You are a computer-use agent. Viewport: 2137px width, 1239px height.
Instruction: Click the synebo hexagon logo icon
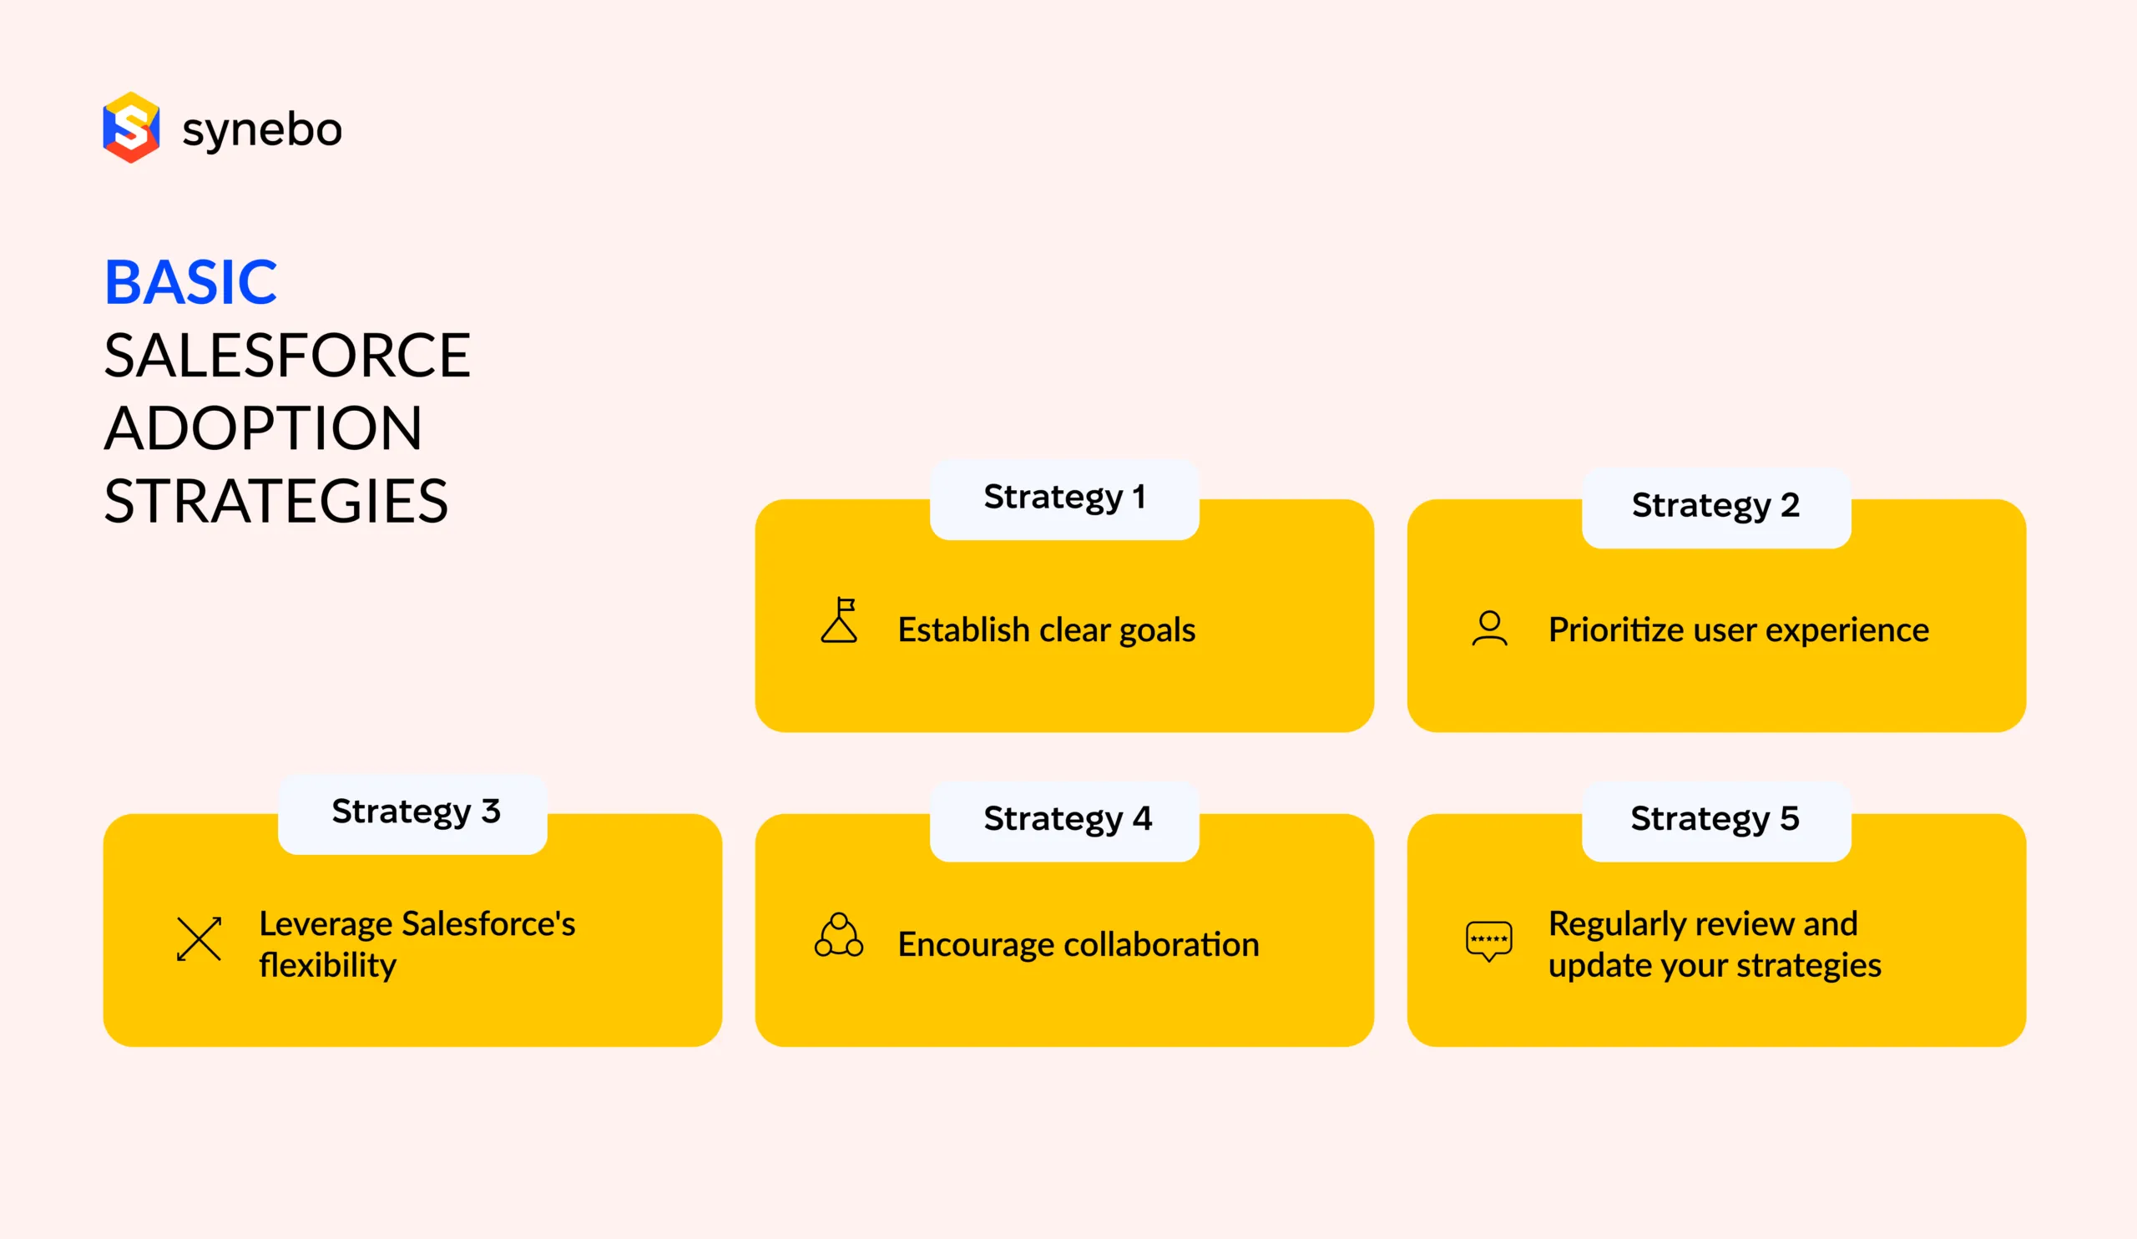pyautogui.click(x=130, y=127)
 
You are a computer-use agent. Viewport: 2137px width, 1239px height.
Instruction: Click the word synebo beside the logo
pyautogui.click(x=262, y=129)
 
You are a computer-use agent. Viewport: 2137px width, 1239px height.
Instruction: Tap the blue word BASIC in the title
pyautogui.click(x=191, y=282)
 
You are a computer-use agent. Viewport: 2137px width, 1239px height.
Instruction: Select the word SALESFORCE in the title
pyautogui.click(x=286, y=356)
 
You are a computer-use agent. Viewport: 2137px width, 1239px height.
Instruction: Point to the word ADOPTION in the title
pyautogui.click(x=263, y=428)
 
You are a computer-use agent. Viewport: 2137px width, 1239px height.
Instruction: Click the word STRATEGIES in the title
pyautogui.click(x=275, y=501)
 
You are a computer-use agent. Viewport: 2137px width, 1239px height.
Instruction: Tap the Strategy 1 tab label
pyautogui.click(x=1064, y=497)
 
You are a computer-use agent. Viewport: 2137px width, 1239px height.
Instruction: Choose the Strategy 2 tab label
pyautogui.click(x=1715, y=505)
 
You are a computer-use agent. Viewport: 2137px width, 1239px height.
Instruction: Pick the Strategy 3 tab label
pyautogui.click(x=416, y=812)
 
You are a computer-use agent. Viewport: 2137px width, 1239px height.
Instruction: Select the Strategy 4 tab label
pyautogui.click(x=1068, y=819)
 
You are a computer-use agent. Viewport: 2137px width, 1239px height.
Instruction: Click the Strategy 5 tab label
pyautogui.click(x=1715, y=819)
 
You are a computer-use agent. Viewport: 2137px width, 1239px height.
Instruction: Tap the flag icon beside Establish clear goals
pyautogui.click(x=840, y=621)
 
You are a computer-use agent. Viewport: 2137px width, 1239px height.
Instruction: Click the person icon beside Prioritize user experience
pyautogui.click(x=1489, y=629)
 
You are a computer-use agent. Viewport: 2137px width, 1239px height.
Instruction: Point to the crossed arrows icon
pyautogui.click(x=200, y=938)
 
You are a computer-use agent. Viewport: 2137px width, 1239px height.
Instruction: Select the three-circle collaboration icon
pyautogui.click(x=839, y=935)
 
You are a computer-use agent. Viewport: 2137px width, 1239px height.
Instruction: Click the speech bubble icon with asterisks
pyautogui.click(x=1489, y=940)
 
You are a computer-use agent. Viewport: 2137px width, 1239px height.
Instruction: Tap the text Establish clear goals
pyautogui.click(x=1047, y=630)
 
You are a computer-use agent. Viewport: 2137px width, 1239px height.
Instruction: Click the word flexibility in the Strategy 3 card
pyautogui.click(x=327, y=966)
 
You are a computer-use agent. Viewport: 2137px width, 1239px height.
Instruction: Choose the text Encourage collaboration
pyautogui.click(x=1079, y=945)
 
